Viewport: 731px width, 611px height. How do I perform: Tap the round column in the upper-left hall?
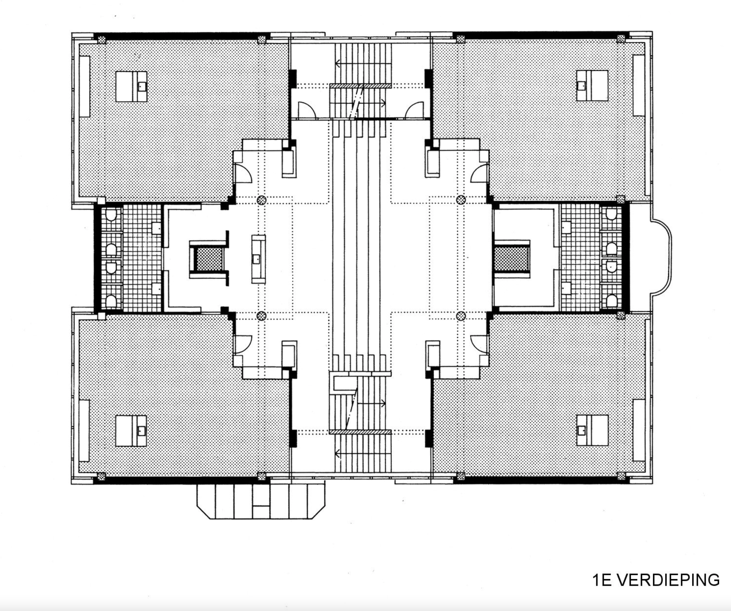[x=261, y=200]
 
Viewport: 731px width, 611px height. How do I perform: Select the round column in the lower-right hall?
[x=461, y=316]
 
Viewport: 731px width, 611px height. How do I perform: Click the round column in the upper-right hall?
[x=461, y=200]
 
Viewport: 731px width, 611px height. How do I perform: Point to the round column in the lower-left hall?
[x=261, y=316]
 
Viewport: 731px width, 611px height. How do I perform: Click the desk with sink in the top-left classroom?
[x=131, y=87]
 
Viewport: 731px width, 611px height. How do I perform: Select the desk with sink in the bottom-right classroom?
[x=592, y=430]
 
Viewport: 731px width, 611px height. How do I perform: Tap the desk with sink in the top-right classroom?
[x=592, y=86]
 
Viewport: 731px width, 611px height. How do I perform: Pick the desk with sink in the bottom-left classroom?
[x=131, y=431]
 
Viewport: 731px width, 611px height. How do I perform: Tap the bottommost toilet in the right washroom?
[x=612, y=301]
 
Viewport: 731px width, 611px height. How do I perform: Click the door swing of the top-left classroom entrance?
[x=243, y=173]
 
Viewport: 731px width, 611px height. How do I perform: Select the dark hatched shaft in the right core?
[x=511, y=259]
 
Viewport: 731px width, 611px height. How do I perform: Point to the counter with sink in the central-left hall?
[x=258, y=259]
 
